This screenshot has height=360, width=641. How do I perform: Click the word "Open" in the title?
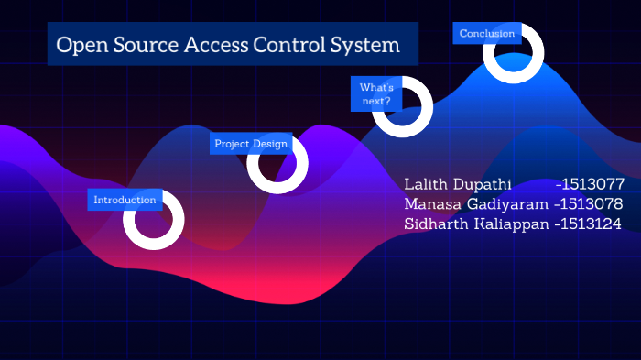click(x=78, y=45)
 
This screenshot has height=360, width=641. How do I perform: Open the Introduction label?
click(x=125, y=200)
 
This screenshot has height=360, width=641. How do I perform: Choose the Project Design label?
click(x=251, y=144)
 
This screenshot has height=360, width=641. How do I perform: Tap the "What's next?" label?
click(x=375, y=94)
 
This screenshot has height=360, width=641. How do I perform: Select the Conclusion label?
click(x=487, y=34)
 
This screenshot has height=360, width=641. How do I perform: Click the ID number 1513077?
click(x=592, y=184)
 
